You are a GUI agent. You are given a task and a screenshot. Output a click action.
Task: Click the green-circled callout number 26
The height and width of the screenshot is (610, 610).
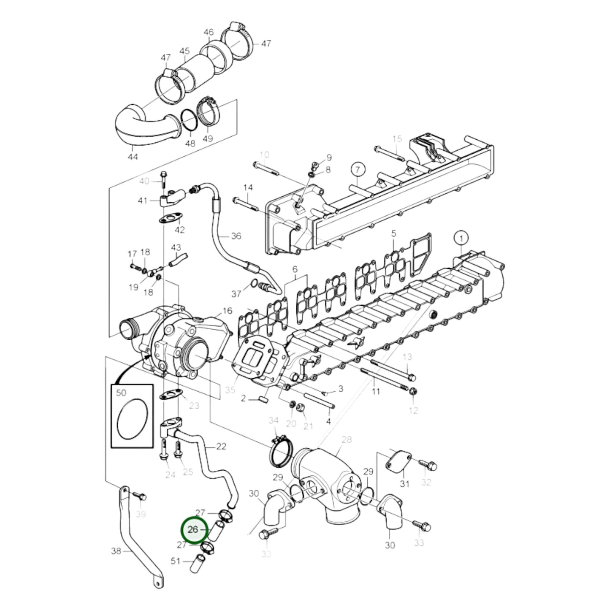pyautogui.click(x=193, y=529)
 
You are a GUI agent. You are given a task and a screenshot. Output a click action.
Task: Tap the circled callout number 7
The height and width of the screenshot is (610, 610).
pyautogui.click(x=357, y=170)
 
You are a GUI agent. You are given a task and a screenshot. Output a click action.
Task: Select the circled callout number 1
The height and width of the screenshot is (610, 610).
pyautogui.click(x=461, y=239)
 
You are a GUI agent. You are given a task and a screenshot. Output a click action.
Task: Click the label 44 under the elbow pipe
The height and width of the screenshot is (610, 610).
pyautogui.click(x=133, y=157)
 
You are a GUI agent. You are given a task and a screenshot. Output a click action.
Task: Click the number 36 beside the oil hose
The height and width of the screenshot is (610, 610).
pyautogui.click(x=236, y=236)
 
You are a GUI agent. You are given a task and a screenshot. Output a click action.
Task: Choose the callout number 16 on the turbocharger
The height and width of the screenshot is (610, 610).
pyautogui.click(x=227, y=311)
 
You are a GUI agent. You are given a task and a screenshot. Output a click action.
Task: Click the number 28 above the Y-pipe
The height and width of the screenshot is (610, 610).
pyautogui.click(x=347, y=440)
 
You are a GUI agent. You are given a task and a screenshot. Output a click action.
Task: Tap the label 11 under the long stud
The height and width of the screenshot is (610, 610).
pyautogui.click(x=376, y=391)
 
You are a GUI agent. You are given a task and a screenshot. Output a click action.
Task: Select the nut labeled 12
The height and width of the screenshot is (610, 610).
pyautogui.click(x=413, y=392)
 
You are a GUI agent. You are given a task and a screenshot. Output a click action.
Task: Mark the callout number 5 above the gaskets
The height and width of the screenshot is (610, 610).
pyautogui.click(x=393, y=233)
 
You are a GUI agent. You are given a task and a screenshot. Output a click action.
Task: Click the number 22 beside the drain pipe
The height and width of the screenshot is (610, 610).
pyautogui.click(x=221, y=446)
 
